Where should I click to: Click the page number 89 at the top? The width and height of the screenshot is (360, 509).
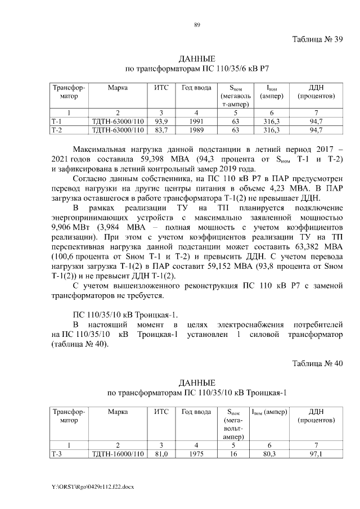(x=197, y=24)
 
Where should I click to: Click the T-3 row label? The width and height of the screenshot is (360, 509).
(x=57, y=454)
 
